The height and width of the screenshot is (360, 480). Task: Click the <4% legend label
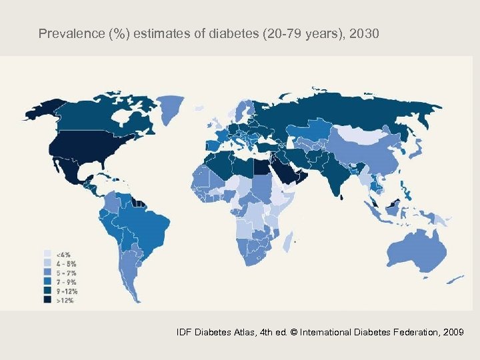pyautogui.click(x=63, y=255)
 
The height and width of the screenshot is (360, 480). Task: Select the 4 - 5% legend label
pyautogui.click(x=65, y=263)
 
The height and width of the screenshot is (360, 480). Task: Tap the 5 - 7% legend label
pyautogui.click(x=65, y=273)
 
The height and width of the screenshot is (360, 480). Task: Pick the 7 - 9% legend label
pyautogui.click(x=65, y=282)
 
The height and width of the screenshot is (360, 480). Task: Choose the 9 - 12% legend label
pyautogui.click(x=67, y=291)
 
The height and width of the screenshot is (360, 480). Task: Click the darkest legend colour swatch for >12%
pyautogui.click(x=48, y=301)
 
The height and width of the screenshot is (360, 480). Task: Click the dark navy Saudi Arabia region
pyautogui.click(x=286, y=172)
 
